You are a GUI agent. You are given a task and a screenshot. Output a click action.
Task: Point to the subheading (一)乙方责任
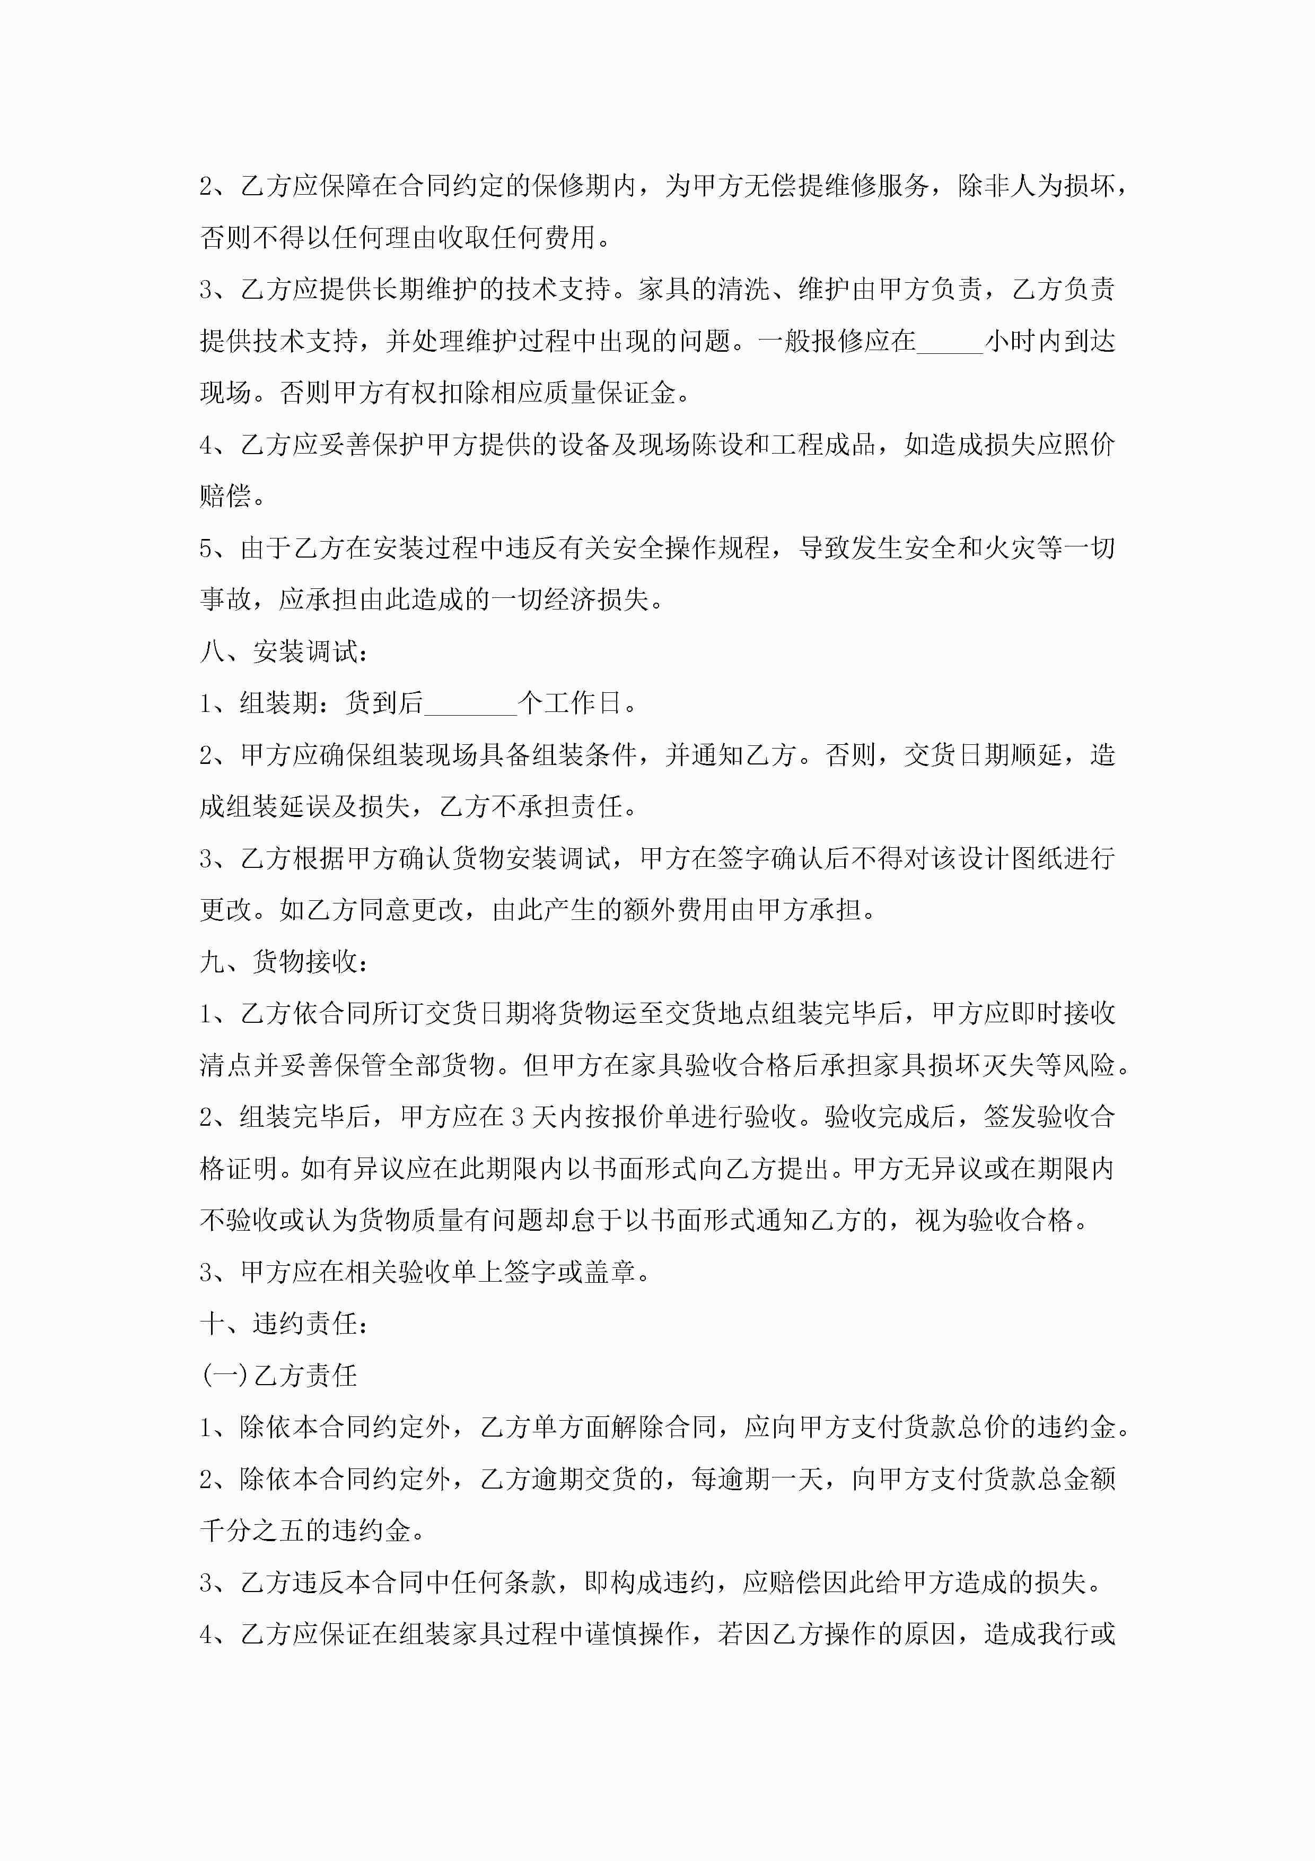(279, 1376)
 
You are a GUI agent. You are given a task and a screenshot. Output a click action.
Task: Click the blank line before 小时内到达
(950, 341)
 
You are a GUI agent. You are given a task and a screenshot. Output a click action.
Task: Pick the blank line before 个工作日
(470, 703)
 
